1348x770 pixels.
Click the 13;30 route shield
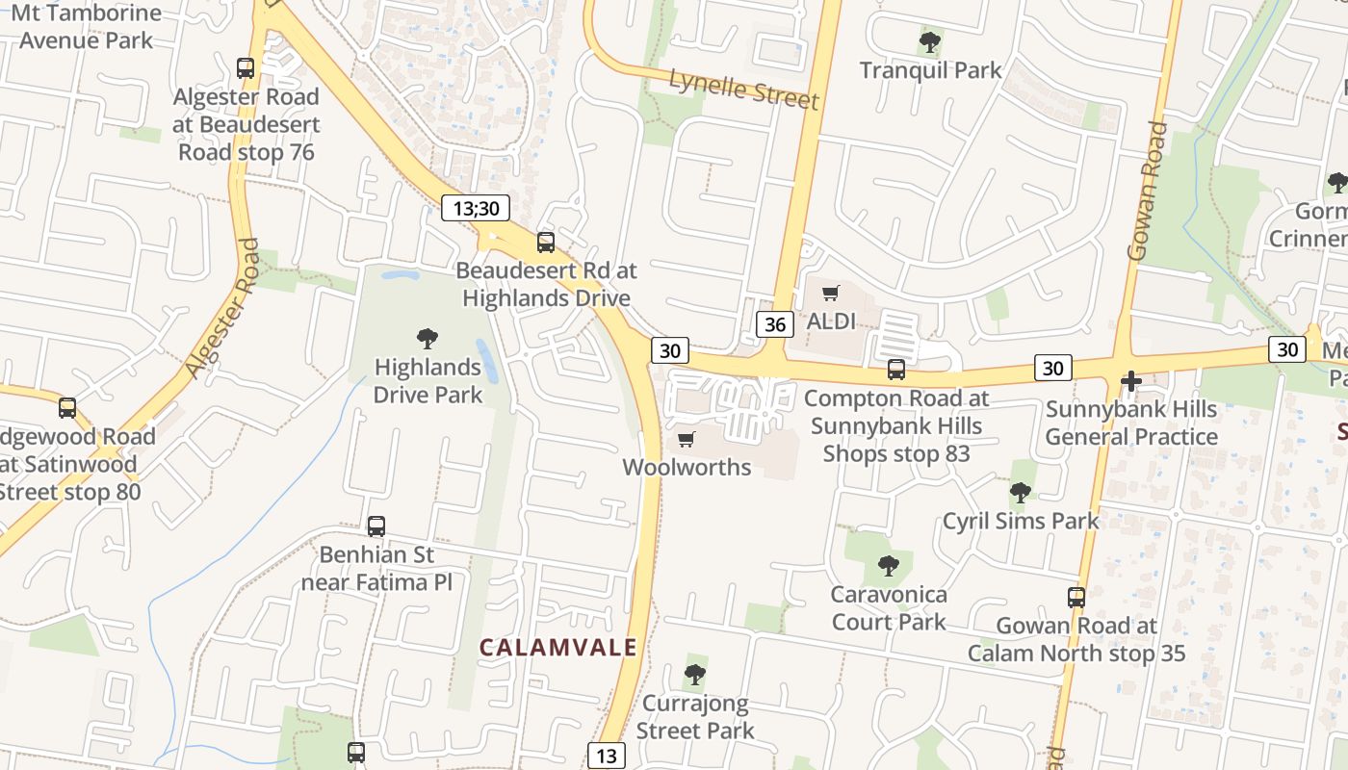click(x=476, y=208)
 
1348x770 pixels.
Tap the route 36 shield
click(x=775, y=324)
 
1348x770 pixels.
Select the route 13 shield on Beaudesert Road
click(x=606, y=756)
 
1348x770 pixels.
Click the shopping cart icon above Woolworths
click(x=686, y=440)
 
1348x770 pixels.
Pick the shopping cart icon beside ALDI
click(x=830, y=294)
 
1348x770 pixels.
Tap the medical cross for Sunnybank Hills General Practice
click(x=1131, y=381)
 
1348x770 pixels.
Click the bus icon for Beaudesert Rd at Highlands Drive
click(x=546, y=243)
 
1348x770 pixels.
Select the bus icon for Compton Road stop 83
click(x=896, y=370)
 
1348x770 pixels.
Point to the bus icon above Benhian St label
click(x=376, y=526)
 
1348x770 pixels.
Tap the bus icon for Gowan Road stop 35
click(x=1076, y=598)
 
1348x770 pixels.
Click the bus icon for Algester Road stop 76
click(x=246, y=68)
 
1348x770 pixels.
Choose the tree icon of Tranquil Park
click(x=930, y=42)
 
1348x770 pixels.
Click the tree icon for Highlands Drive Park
click(x=428, y=339)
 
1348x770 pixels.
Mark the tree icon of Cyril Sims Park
click(x=1021, y=494)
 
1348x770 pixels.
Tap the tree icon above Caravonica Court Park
click(x=889, y=566)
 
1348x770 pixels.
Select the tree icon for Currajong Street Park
click(x=695, y=675)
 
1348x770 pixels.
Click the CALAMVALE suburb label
click(x=558, y=648)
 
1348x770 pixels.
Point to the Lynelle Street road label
click(x=743, y=89)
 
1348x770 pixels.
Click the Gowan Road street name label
click(x=1147, y=192)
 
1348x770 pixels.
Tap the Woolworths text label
click(x=687, y=468)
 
